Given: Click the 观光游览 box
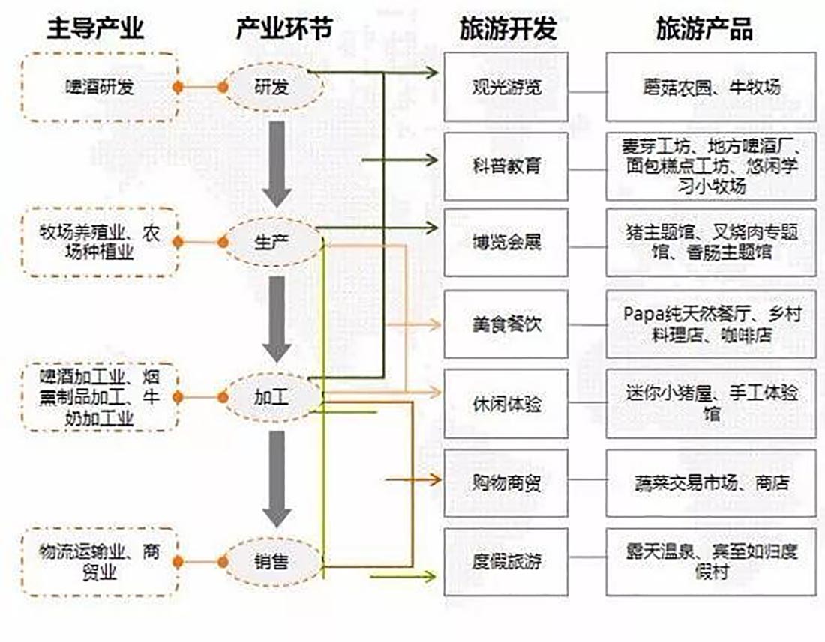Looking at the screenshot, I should tap(505, 87).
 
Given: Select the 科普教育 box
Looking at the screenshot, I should tap(505, 165).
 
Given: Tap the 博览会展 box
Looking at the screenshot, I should tap(505, 243).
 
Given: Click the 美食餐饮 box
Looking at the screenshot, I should tap(505, 324).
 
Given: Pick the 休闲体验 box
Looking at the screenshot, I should tap(505, 404).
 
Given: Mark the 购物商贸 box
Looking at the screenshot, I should tap(505, 483).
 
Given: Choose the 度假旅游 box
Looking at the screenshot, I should tap(505, 562).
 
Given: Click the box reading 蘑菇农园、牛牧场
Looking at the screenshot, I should tap(710, 87).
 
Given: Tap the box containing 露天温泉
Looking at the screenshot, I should tap(710, 562).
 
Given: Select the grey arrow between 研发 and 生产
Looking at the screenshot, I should tap(277, 163).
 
